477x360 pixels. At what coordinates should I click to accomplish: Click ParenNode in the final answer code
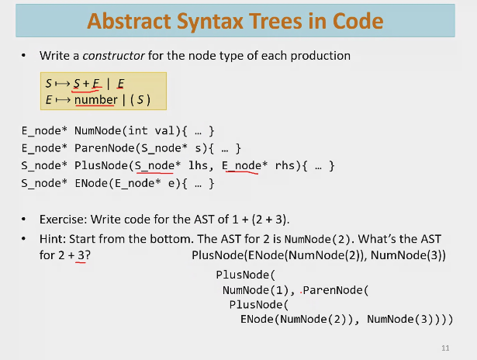coord(334,290)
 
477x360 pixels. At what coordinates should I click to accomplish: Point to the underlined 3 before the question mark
coord(80,255)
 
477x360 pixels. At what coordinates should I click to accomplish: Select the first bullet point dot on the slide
coord(24,57)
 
